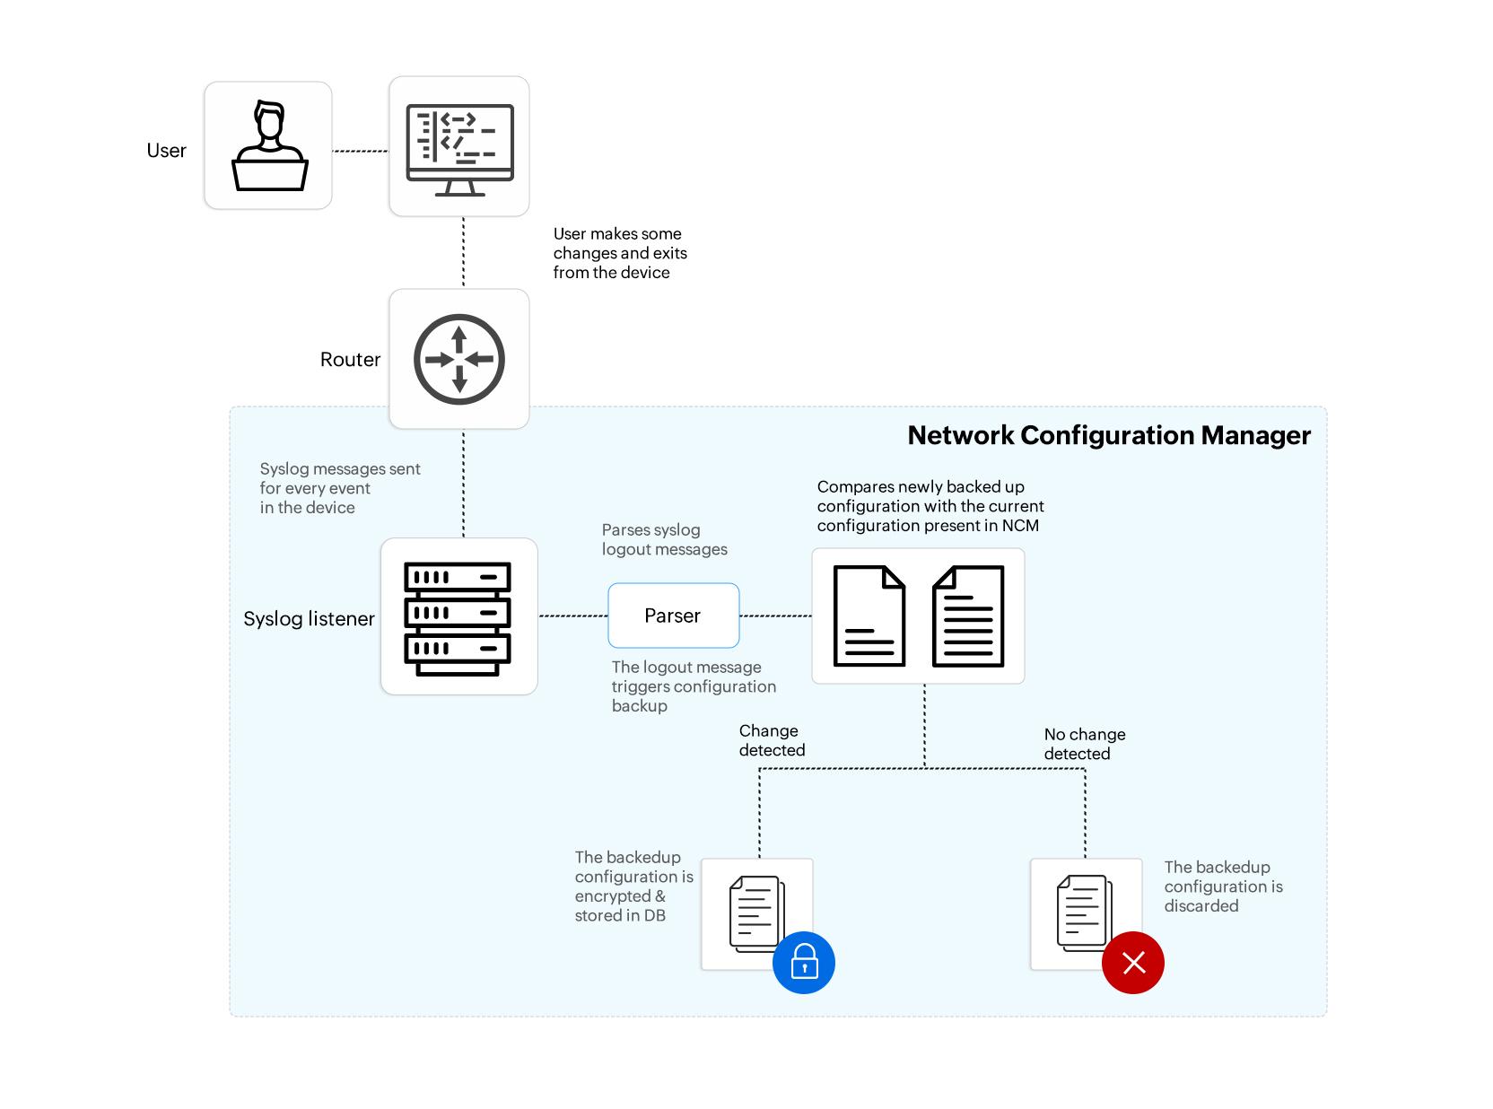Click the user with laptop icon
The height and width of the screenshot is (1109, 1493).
(x=269, y=146)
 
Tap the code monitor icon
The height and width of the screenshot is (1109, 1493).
(x=459, y=148)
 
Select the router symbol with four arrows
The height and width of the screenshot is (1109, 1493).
(x=459, y=360)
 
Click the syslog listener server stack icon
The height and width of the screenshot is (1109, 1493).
(x=458, y=618)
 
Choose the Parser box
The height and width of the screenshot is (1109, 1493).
(x=673, y=616)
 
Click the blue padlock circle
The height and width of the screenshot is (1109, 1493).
(x=804, y=963)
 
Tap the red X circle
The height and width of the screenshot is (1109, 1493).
(x=1133, y=963)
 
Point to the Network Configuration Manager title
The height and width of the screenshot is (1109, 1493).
(x=1109, y=435)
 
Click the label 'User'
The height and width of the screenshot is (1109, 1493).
(x=166, y=151)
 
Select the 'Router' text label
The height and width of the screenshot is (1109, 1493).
(x=350, y=360)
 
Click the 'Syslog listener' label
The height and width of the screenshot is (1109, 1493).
(x=309, y=619)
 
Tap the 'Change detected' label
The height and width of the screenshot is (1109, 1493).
(x=772, y=740)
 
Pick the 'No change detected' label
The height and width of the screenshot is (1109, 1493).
(x=1084, y=744)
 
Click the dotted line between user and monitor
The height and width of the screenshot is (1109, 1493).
(x=361, y=151)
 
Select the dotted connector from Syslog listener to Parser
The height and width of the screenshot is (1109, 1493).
(x=572, y=616)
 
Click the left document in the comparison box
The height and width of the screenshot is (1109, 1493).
(x=869, y=616)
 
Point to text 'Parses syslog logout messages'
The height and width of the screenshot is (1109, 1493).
(x=664, y=539)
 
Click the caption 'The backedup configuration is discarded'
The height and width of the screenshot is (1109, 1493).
(x=1223, y=886)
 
